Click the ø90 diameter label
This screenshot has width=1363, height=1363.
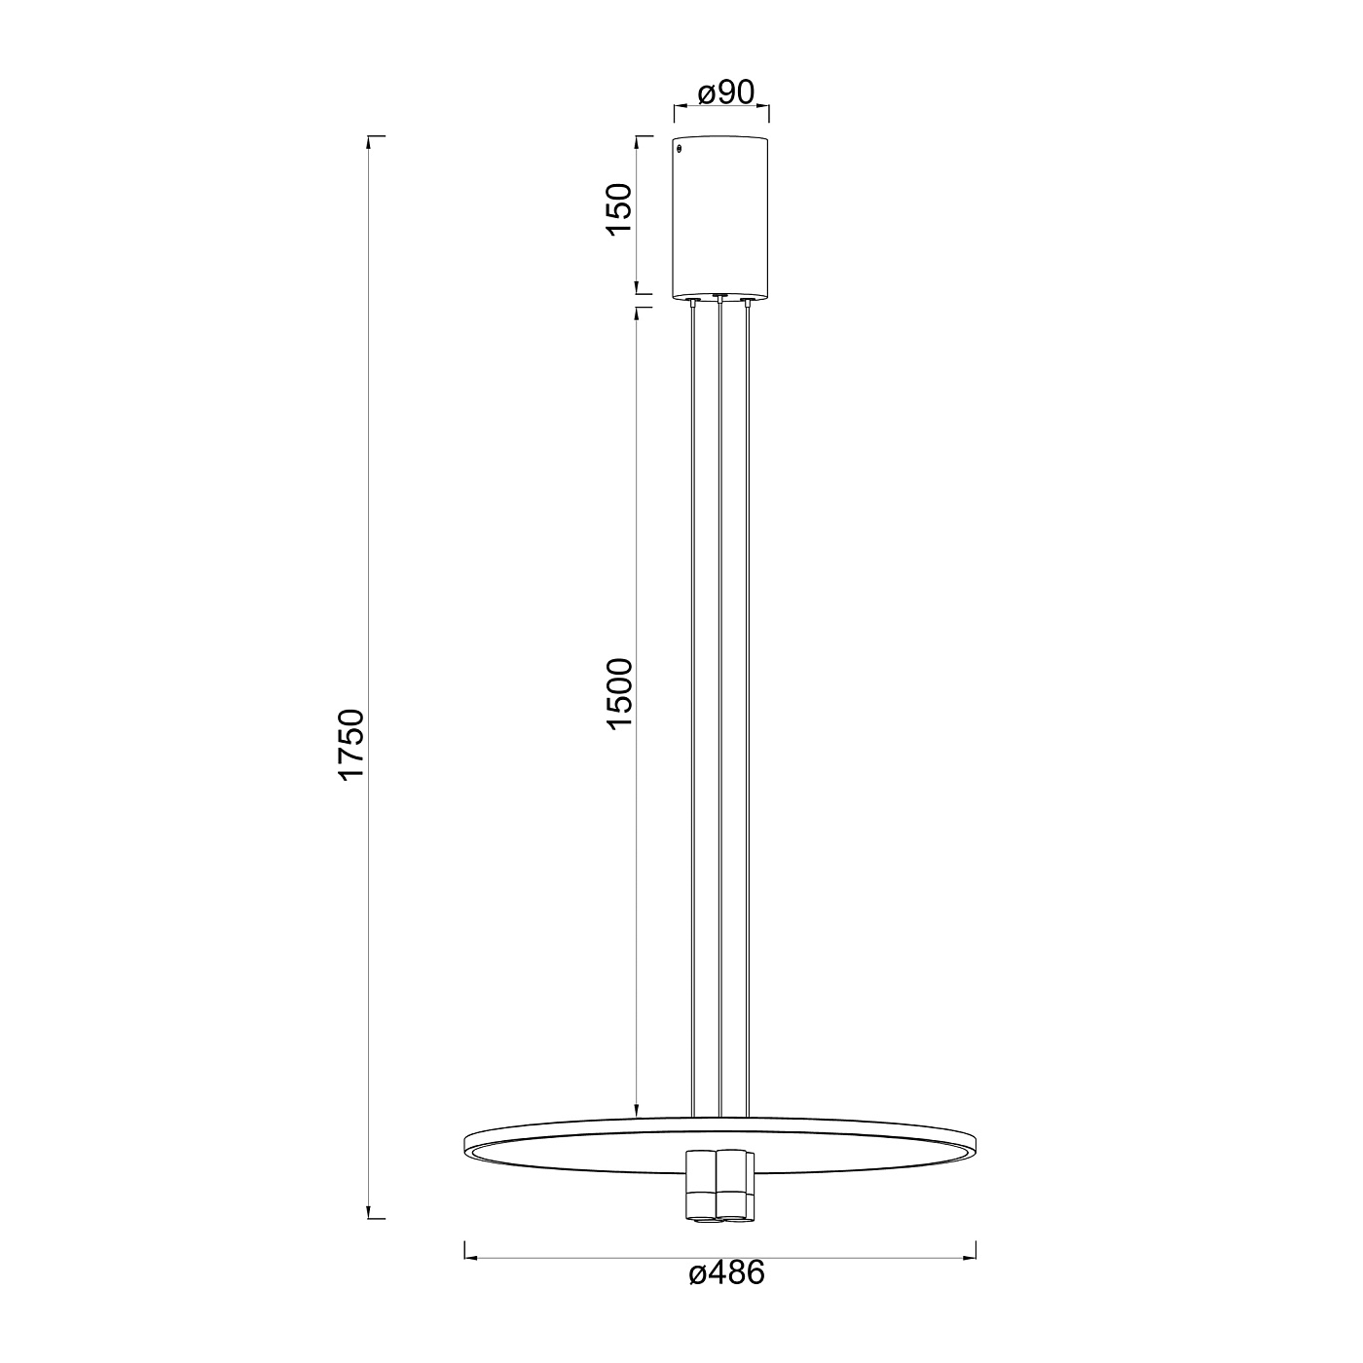726,92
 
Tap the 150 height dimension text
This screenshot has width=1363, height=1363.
619,209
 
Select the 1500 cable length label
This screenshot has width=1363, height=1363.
619,694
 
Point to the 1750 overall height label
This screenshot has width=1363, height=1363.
351,744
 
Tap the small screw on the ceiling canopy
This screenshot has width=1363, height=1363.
680,149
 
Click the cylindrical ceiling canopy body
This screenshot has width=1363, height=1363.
719,217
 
